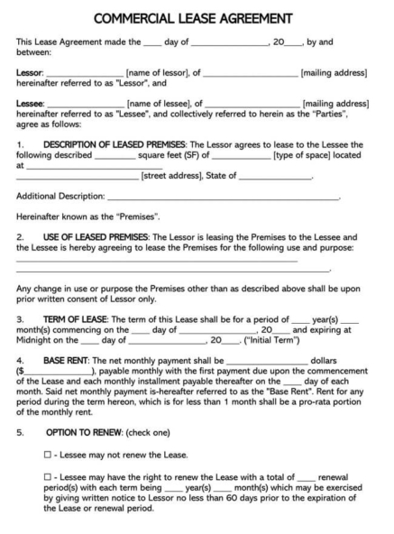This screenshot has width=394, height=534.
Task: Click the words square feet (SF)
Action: click(x=167, y=155)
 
